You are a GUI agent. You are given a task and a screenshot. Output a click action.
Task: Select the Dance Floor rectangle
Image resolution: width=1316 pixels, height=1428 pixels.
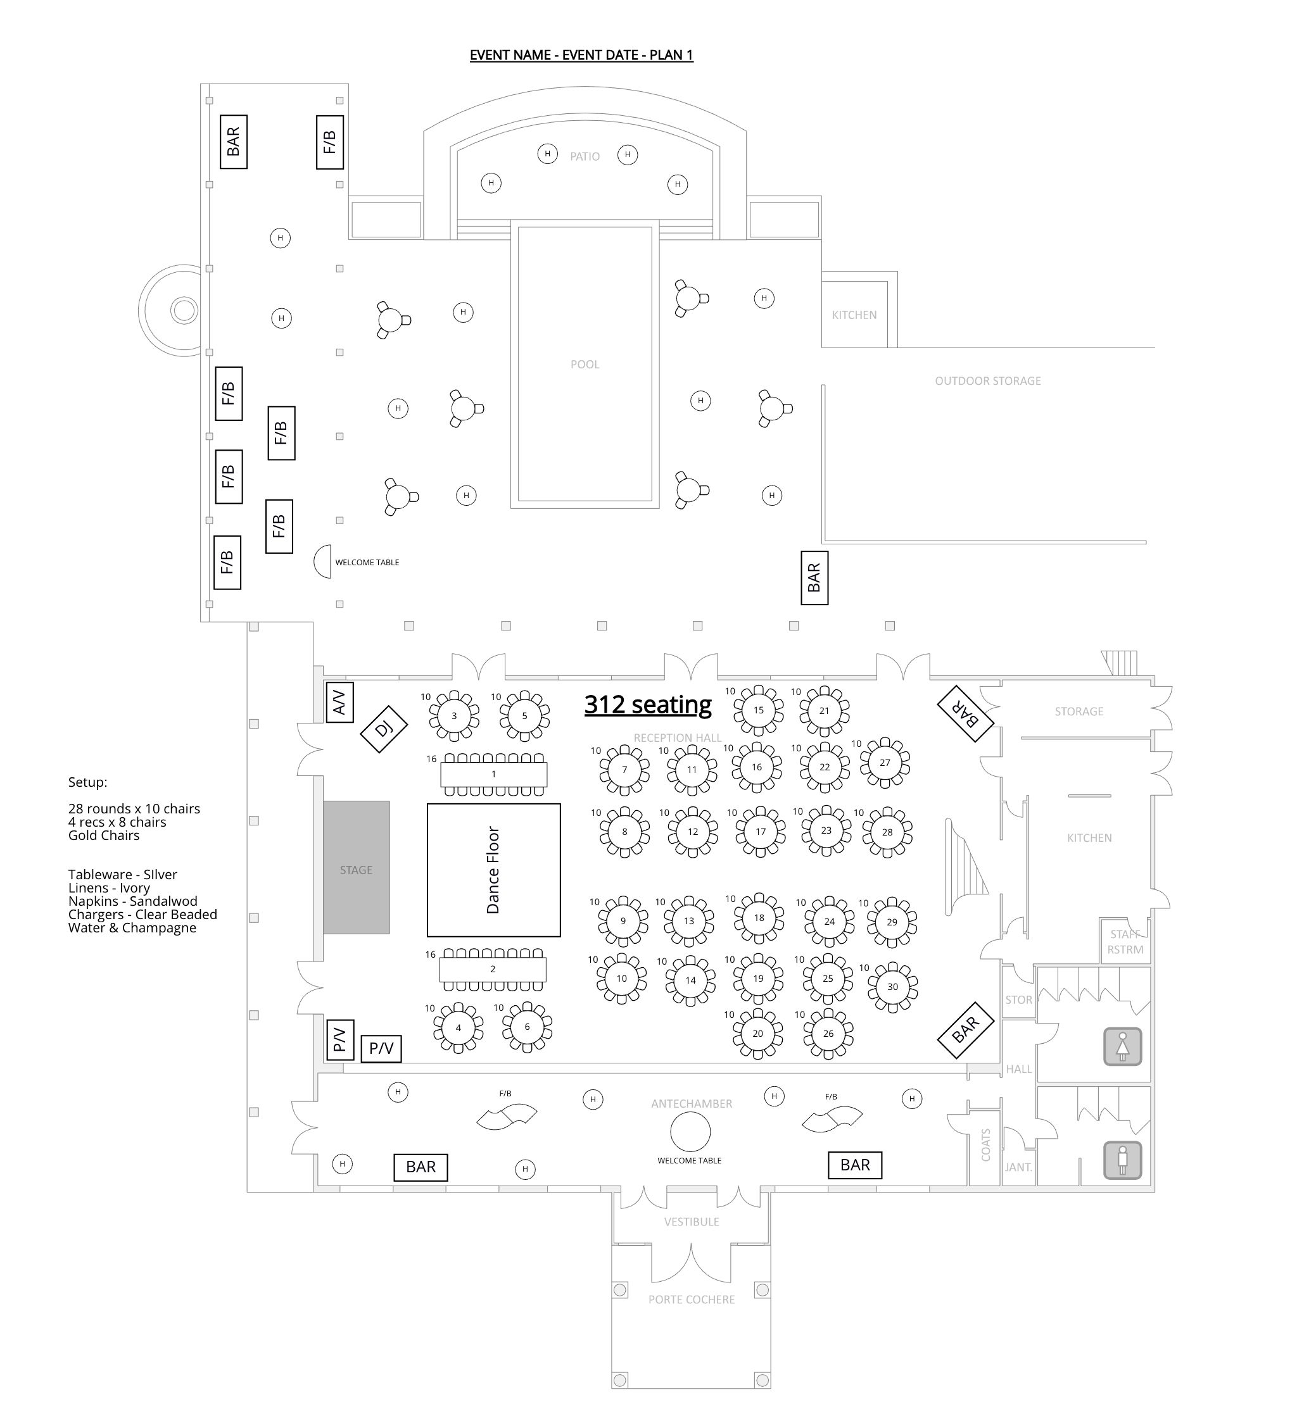tap(493, 870)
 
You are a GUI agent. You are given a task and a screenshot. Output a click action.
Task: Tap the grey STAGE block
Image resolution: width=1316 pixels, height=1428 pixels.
tap(356, 868)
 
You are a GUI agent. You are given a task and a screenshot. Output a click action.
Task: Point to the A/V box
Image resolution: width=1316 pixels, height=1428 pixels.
tap(339, 702)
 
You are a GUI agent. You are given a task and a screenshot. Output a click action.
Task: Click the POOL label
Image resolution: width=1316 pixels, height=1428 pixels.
tap(585, 365)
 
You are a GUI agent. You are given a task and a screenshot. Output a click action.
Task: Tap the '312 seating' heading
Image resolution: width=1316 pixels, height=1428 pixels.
tap(647, 704)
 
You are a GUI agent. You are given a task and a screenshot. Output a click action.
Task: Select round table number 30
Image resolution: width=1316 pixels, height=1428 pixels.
tap(892, 987)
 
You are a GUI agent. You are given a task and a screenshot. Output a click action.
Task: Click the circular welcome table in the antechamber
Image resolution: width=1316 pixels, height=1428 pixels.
tap(690, 1131)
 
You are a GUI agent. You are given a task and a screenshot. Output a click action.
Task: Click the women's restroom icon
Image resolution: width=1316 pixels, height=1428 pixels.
tap(1122, 1046)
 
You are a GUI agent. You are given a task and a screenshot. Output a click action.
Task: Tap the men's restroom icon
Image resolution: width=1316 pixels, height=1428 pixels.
tap(1122, 1160)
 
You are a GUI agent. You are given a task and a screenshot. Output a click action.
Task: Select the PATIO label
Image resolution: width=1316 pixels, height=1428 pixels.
tap(585, 156)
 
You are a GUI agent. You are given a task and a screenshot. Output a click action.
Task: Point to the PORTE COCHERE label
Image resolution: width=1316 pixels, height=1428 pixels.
tap(691, 1299)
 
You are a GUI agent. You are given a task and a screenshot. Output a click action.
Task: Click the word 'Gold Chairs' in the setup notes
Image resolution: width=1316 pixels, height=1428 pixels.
tap(104, 836)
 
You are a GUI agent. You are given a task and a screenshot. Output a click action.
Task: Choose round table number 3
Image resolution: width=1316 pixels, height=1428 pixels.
tap(454, 715)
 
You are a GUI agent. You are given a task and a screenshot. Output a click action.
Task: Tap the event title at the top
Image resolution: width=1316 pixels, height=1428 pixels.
tap(581, 55)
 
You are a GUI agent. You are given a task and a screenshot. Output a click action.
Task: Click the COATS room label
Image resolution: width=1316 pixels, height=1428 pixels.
tap(985, 1144)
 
